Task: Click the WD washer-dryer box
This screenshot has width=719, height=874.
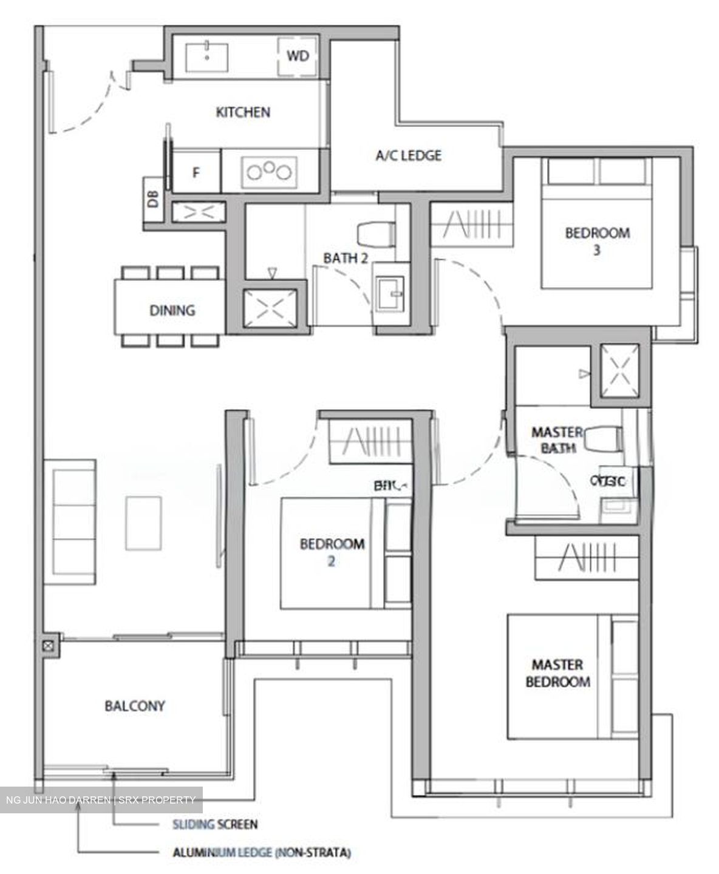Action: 298,56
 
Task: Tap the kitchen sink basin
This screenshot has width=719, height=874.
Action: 208,56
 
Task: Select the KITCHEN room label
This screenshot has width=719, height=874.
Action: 243,112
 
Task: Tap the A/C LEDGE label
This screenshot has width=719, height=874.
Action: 417,155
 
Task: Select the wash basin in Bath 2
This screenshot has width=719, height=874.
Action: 389,293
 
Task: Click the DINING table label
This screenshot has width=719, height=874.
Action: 172,310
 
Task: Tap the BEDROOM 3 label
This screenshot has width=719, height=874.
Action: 597,240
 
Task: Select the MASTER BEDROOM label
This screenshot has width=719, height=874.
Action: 557,673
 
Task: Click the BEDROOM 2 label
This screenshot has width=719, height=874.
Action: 332,552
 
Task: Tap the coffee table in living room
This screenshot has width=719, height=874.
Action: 143,523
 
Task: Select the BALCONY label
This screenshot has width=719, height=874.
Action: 135,706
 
